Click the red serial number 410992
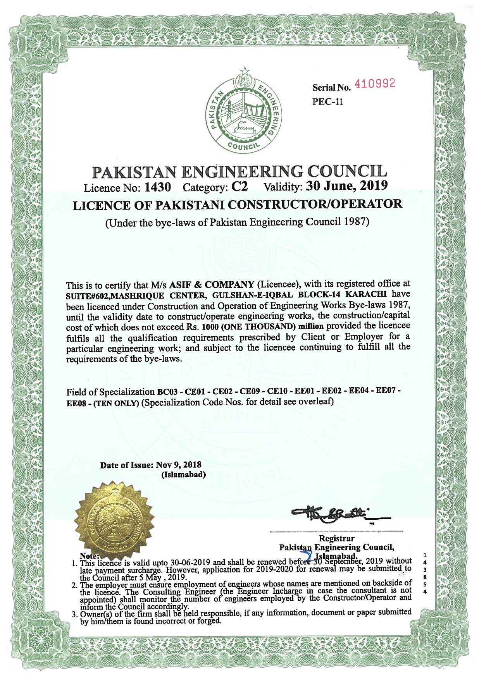(x=375, y=83)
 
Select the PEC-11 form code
(x=327, y=101)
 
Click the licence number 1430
(x=157, y=187)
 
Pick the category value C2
(x=239, y=187)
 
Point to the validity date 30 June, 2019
(x=347, y=186)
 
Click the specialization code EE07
(x=385, y=390)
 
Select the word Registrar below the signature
(x=336, y=538)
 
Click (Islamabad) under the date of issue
(x=183, y=474)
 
